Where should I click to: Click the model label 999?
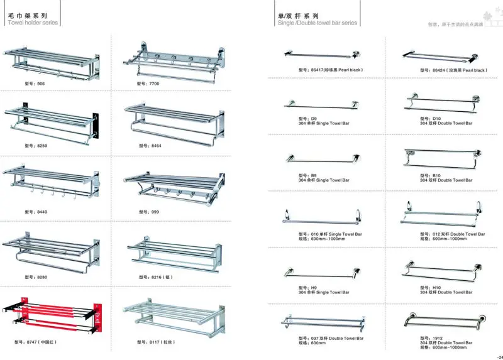pyautogui.click(x=149, y=212)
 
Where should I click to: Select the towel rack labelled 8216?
pyautogui.click(x=174, y=254)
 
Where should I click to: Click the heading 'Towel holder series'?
pyautogui.click(x=33, y=22)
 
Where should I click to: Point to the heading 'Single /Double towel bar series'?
pyautogui.click(x=317, y=23)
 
